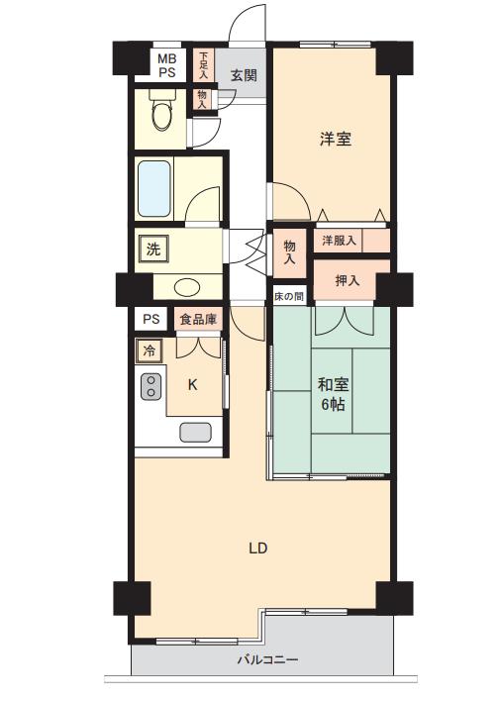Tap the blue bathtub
(x=154, y=188)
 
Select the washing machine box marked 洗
(x=153, y=250)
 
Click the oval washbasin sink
(x=187, y=286)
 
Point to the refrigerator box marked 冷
(x=149, y=350)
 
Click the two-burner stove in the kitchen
(x=151, y=386)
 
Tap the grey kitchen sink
(x=195, y=433)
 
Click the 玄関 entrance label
(x=244, y=74)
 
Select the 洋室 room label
(x=336, y=139)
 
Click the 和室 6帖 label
(x=333, y=394)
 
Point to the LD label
(x=258, y=549)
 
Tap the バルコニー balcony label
(x=267, y=659)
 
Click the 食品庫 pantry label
(x=198, y=319)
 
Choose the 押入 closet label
(x=348, y=281)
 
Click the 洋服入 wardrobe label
(x=340, y=241)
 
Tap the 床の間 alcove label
(x=289, y=296)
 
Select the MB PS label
(x=166, y=65)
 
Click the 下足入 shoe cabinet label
(x=203, y=65)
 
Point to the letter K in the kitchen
(x=192, y=384)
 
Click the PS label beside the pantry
(x=151, y=319)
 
